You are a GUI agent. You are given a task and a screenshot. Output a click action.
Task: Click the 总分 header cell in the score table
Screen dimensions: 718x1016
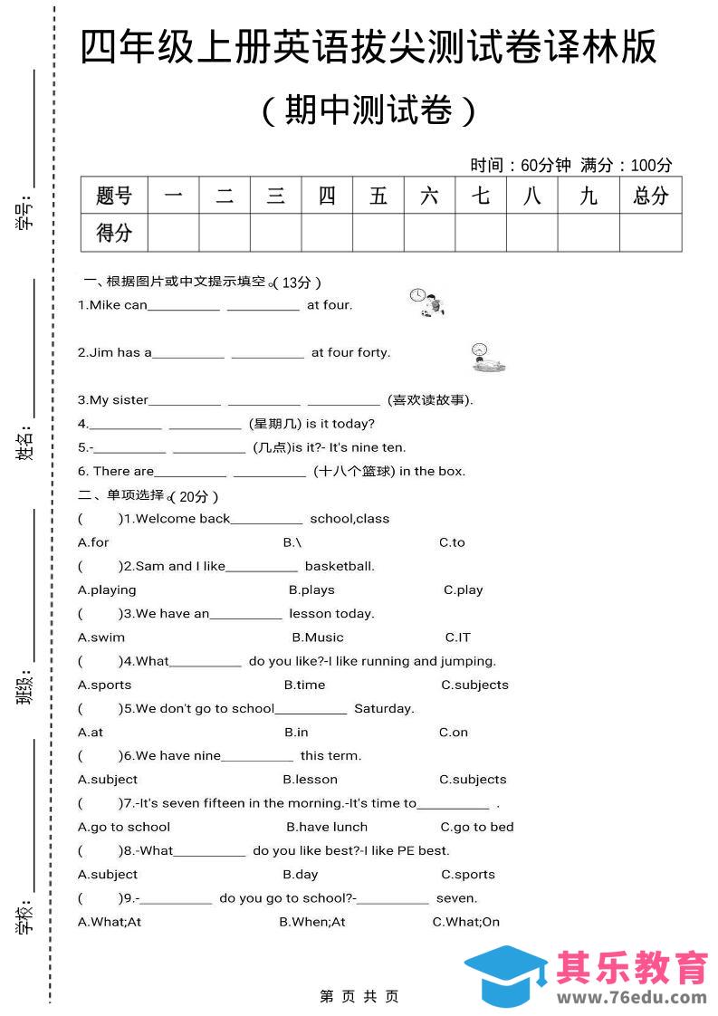click(650, 195)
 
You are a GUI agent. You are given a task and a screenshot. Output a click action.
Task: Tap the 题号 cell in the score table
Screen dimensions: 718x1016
click(113, 195)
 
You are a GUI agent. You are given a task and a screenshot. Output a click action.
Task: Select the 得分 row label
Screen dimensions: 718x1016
click(113, 233)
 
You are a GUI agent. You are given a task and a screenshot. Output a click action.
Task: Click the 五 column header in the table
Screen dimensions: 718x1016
click(378, 195)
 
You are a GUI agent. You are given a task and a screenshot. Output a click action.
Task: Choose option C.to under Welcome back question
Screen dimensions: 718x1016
click(452, 542)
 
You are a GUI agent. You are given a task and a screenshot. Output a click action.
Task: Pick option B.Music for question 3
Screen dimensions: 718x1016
click(318, 637)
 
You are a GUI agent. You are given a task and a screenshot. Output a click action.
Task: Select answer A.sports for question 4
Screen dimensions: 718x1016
click(105, 685)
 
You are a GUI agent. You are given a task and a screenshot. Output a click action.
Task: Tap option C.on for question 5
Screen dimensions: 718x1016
click(454, 733)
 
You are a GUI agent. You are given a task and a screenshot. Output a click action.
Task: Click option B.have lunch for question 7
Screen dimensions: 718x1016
click(327, 827)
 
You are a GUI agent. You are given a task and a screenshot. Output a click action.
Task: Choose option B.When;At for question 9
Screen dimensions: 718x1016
click(312, 922)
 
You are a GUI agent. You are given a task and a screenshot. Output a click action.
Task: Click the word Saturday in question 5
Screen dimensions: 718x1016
click(384, 708)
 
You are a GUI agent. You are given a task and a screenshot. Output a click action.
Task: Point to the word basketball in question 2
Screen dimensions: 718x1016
click(340, 566)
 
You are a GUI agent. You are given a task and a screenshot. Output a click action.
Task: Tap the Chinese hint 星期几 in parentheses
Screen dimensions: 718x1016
click(275, 423)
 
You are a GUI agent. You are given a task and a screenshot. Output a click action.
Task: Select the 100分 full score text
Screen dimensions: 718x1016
click(651, 165)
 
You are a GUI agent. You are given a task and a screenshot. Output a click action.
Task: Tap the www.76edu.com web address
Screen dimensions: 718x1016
click(632, 997)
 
